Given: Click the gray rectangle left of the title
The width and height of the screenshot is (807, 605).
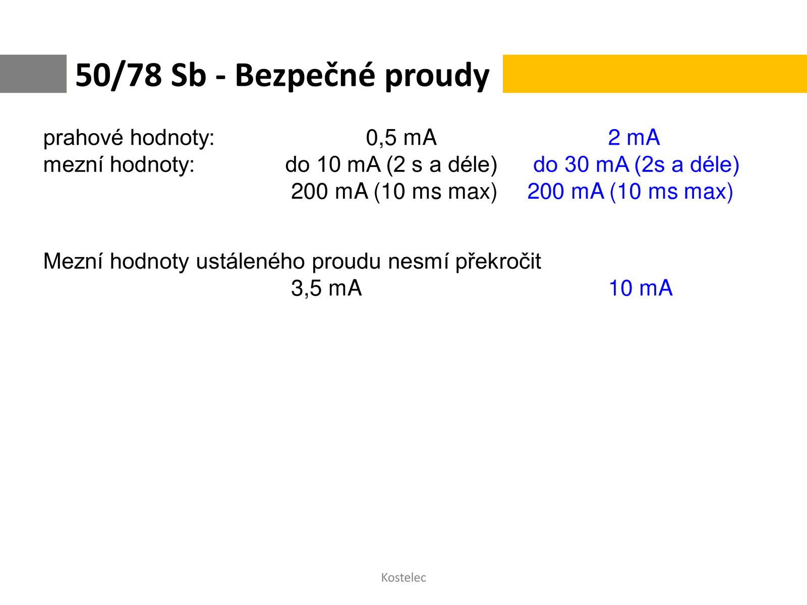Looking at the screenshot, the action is [x=33, y=74].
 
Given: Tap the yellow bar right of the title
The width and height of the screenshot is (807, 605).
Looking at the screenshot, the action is [x=655, y=74].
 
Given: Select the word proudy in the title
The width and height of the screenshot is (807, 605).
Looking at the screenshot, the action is [x=437, y=77].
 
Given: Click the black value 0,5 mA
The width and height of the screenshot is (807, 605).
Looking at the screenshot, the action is [x=401, y=138].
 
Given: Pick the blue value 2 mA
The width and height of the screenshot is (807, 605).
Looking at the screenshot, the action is [x=634, y=138].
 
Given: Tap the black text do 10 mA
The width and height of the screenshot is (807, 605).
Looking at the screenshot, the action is [x=333, y=164].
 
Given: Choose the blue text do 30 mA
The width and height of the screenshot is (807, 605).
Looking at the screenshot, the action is [x=581, y=164].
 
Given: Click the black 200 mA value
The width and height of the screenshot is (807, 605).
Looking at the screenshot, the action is [x=329, y=192].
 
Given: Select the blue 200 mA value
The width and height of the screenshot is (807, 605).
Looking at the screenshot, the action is [x=565, y=192].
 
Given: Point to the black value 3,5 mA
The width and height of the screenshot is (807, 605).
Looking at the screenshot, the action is [x=326, y=288].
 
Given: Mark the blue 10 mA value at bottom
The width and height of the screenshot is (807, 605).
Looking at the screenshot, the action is [x=641, y=288].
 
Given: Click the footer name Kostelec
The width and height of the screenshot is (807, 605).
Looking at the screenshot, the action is [x=403, y=577].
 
